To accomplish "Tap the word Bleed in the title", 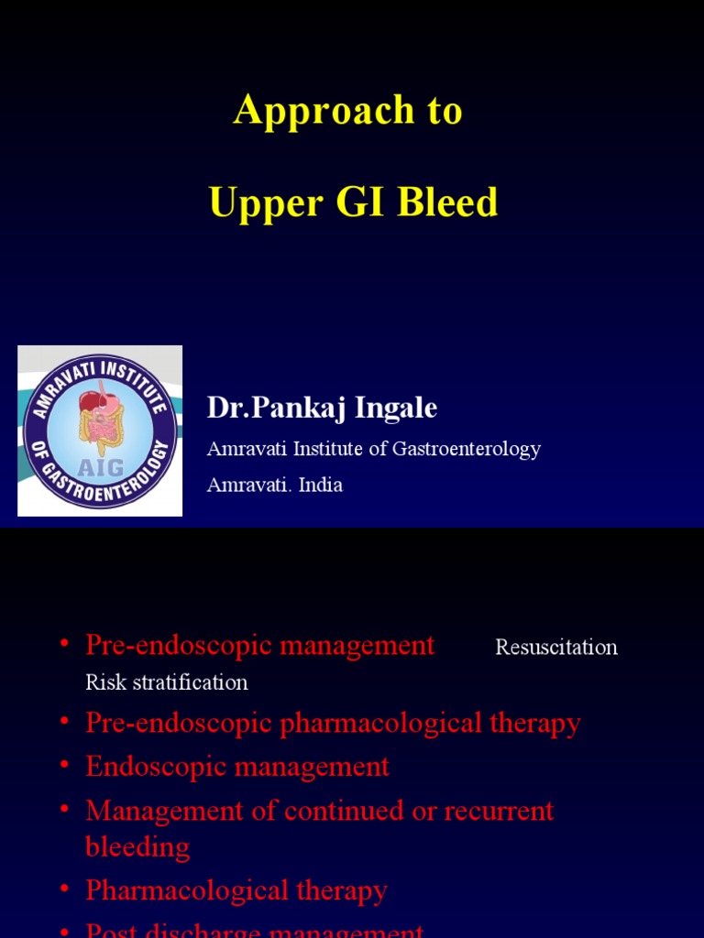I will click(x=447, y=202).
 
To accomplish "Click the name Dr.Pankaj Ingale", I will click(x=322, y=408).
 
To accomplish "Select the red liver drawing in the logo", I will click(x=91, y=400).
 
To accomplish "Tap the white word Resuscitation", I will click(x=556, y=648).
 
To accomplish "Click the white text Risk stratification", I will click(x=167, y=682).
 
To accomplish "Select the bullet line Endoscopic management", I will click(x=237, y=767).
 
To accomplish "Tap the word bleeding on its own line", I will click(x=137, y=846).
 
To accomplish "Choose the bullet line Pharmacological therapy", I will click(x=236, y=890).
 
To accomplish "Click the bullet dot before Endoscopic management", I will click(x=64, y=765).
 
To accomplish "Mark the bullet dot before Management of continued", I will click(x=64, y=809).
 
